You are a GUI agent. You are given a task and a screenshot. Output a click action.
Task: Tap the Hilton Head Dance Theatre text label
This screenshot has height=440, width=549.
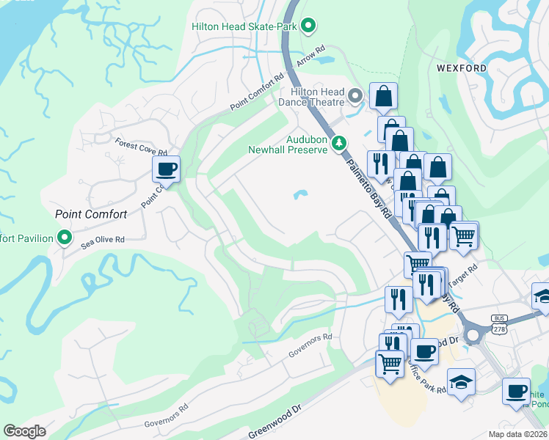[x=317, y=96]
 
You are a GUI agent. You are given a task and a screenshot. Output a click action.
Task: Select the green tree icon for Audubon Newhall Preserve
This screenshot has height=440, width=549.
[x=338, y=143]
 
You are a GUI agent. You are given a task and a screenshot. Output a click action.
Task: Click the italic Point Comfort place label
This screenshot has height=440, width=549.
[x=92, y=215]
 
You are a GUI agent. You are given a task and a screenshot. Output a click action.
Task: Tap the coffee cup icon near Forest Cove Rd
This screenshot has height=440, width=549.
[x=166, y=169]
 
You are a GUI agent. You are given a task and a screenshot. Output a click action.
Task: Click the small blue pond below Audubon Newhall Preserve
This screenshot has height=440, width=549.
[x=300, y=195]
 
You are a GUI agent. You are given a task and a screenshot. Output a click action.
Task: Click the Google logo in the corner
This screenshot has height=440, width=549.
[x=25, y=431]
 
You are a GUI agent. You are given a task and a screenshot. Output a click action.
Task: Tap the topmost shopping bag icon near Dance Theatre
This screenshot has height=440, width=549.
[x=383, y=95]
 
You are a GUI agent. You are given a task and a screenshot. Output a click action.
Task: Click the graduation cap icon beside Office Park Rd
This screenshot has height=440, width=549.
[x=461, y=382]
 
